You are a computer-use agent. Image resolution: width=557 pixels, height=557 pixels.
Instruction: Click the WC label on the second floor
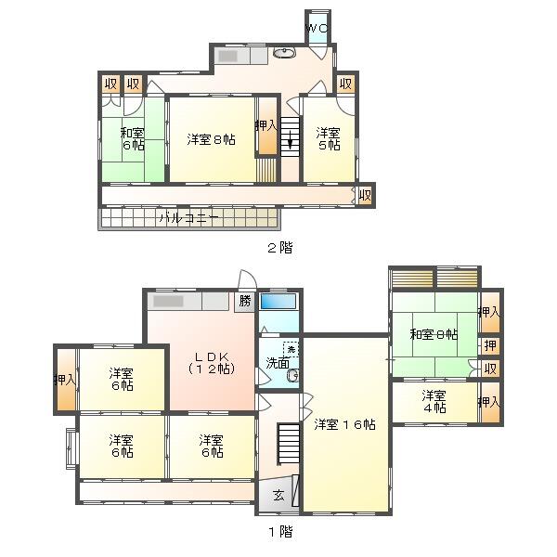[317, 28]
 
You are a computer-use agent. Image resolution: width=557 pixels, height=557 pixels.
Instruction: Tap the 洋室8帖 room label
[211, 139]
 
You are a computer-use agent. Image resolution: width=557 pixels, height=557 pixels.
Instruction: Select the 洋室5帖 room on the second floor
[329, 139]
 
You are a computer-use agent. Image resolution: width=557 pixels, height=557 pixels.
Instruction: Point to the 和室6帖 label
[133, 139]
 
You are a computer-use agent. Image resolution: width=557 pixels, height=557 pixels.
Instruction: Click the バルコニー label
[188, 218]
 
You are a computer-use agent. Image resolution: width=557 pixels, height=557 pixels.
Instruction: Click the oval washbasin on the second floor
[284, 53]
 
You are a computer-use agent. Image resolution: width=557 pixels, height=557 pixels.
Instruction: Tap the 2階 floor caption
[280, 247]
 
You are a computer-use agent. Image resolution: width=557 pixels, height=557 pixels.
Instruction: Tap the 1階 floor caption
[280, 531]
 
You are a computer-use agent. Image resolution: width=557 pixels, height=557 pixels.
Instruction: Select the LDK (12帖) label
[211, 363]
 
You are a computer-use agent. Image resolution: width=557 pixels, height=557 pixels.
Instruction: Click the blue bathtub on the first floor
[278, 301]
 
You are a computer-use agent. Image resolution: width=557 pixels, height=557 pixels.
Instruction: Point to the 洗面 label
[278, 363]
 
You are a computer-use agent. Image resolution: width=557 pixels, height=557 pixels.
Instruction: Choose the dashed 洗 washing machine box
[291, 350]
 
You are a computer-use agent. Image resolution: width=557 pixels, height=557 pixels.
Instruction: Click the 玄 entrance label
[278, 495]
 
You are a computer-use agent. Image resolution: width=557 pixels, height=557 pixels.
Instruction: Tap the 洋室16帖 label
[345, 424]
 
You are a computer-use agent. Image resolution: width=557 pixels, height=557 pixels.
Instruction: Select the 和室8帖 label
[434, 334]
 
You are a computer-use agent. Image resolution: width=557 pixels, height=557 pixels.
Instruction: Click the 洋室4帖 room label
[434, 401]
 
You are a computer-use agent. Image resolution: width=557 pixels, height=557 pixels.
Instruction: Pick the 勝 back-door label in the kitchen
[245, 301]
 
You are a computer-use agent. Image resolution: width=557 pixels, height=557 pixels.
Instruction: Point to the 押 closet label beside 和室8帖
[490, 345]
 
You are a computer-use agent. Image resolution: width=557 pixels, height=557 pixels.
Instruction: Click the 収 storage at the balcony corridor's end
[365, 195]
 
